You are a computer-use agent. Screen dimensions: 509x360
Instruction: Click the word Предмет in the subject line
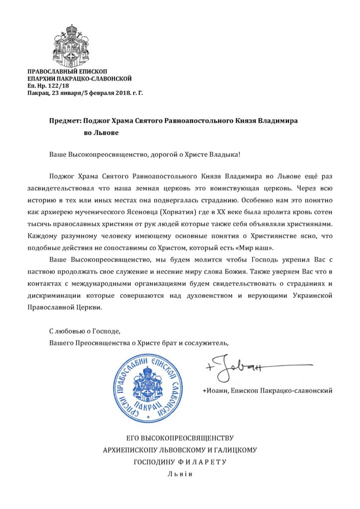point(66,122)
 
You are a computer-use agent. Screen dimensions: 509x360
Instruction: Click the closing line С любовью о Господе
point(85,330)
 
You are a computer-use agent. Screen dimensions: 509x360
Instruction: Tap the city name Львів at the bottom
point(180,474)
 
